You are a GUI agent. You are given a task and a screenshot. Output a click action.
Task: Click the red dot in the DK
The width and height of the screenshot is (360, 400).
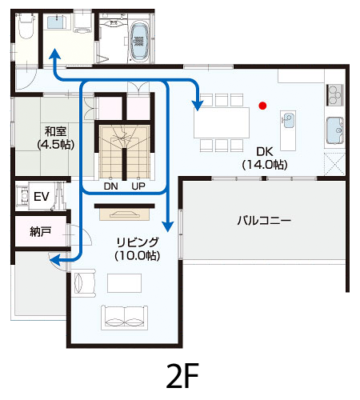[x=262, y=106]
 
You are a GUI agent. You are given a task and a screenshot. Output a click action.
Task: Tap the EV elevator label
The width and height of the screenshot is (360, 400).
[x=42, y=197]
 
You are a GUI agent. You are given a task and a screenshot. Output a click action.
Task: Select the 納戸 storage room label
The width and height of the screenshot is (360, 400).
[x=41, y=231]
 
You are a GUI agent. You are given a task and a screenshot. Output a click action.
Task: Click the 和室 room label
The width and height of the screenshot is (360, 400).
[x=55, y=131]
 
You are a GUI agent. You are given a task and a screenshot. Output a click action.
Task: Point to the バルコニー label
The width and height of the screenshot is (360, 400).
[x=264, y=221]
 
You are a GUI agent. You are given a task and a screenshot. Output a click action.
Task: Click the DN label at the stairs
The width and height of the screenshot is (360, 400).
[x=111, y=186]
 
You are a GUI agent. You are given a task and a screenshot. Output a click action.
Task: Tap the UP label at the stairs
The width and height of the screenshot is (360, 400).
[x=138, y=186]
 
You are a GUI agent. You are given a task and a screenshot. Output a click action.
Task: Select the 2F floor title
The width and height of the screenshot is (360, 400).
[x=182, y=376]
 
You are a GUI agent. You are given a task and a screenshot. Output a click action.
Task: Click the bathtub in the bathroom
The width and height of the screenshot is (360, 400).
[x=139, y=41]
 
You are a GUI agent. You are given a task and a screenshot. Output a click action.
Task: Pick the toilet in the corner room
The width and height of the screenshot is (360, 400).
[x=26, y=26]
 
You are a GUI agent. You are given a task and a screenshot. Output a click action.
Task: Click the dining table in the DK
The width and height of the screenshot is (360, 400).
[x=222, y=122]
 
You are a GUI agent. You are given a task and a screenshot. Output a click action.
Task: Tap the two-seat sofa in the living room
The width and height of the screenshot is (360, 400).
[x=124, y=318]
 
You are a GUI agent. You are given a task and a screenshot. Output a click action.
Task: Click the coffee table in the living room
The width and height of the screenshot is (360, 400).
[x=124, y=283]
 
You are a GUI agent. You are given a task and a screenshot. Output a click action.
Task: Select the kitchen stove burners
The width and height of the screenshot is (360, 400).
[x=335, y=95]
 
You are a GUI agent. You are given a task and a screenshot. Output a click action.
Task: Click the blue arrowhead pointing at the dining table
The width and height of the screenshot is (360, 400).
[x=198, y=106]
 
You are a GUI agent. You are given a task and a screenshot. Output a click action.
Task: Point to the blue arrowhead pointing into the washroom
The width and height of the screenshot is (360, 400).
[x=55, y=54]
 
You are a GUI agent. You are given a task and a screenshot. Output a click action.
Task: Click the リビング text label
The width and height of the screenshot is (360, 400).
[x=138, y=242]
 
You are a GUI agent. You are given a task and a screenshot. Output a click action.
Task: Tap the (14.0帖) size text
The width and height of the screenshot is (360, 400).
[x=265, y=165]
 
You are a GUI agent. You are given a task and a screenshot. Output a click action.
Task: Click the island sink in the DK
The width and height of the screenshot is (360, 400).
[x=289, y=120]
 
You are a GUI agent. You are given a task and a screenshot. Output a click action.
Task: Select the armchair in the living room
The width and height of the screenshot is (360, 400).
[x=84, y=282]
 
